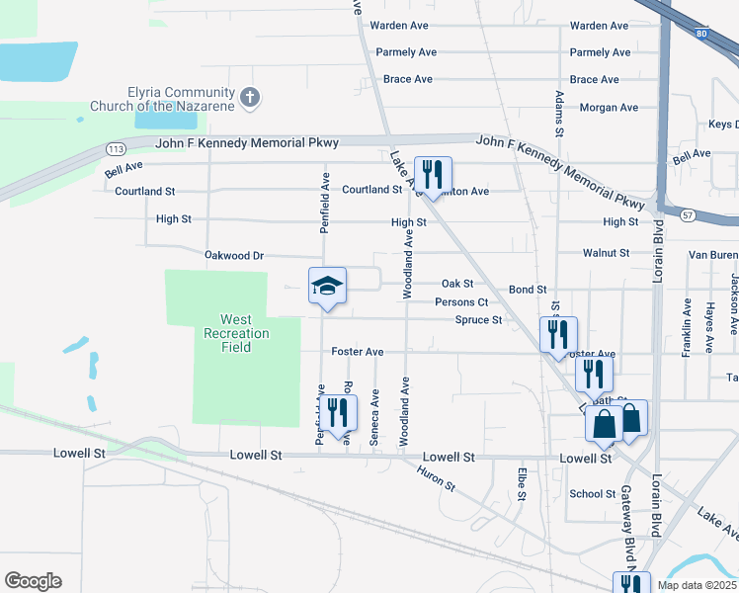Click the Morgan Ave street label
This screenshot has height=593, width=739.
pyautogui.click(x=608, y=107)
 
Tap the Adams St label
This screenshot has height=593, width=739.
pyautogui.click(x=560, y=114)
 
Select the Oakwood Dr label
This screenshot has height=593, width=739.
pyautogui.click(x=234, y=255)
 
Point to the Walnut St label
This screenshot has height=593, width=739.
pyautogui.click(x=606, y=253)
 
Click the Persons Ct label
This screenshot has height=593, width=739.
pyautogui.click(x=461, y=302)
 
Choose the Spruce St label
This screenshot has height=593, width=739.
pyautogui.click(x=478, y=320)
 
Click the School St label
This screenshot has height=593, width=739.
pyautogui.click(x=593, y=494)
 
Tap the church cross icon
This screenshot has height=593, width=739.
pyautogui.click(x=251, y=97)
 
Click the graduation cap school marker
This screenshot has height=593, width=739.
pyautogui.click(x=327, y=287)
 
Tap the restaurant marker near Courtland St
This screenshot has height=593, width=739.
pyautogui.click(x=433, y=175)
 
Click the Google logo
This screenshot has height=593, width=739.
pyautogui.click(x=33, y=581)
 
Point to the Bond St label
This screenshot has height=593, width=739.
pyautogui.click(x=528, y=290)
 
